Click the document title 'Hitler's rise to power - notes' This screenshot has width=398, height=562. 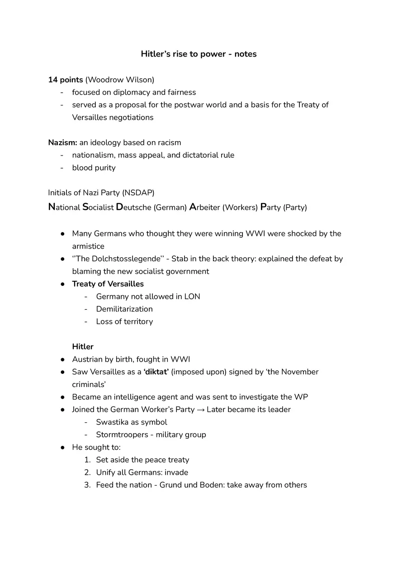(x=199, y=54)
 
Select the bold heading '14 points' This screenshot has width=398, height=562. (x=66, y=80)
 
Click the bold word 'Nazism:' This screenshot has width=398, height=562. (x=62, y=142)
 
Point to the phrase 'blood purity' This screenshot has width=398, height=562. (x=94, y=168)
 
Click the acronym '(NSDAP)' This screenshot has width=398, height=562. (x=138, y=193)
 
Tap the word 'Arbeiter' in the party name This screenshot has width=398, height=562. (x=204, y=208)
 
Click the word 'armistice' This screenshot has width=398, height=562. (x=88, y=246)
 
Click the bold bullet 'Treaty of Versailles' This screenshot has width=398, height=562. (x=108, y=284)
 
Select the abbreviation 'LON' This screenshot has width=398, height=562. (x=192, y=297)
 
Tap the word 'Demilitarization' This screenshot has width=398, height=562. (x=124, y=309)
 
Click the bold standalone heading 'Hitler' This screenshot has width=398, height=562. (x=83, y=347)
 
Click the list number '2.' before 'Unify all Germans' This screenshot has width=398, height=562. (x=88, y=472)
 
